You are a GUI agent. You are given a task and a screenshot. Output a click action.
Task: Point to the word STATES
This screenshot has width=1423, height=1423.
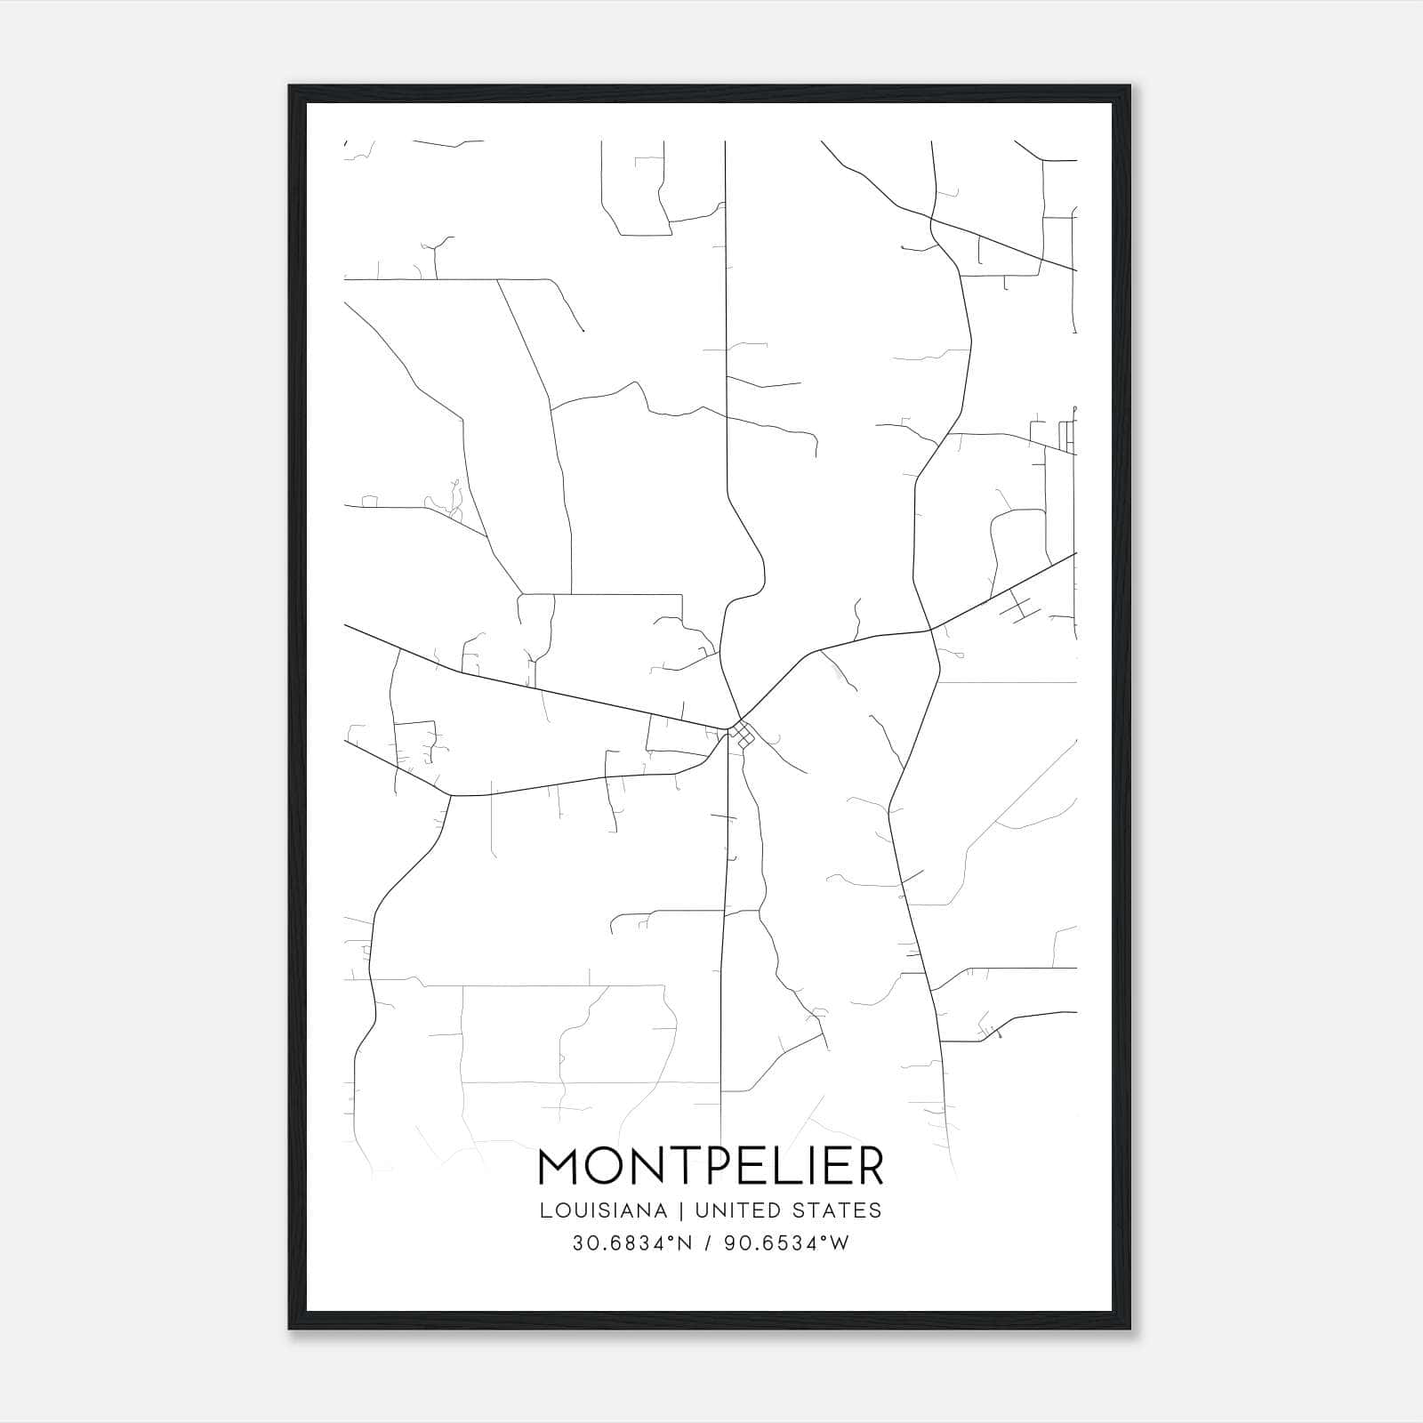(840, 1210)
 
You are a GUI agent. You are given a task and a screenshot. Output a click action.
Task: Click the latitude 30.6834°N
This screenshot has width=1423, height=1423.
(631, 1243)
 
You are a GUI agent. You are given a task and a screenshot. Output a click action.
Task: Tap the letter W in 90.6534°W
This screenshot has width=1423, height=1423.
(840, 1243)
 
